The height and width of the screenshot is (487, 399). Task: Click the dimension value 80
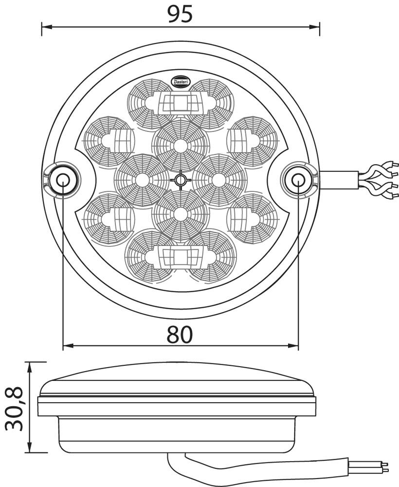[x=180, y=334]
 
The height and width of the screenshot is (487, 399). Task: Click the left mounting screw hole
[x=63, y=180]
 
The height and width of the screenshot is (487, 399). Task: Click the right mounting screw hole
[x=298, y=180]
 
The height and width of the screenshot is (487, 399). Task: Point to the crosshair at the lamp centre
[x=181, y=181]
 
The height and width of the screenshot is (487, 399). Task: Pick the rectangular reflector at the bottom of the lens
[x=180, y=256]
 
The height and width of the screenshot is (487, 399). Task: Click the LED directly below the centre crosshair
[x=181, y=215]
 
